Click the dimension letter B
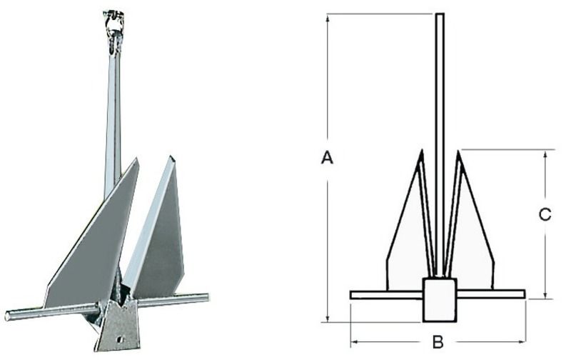pos(438,343)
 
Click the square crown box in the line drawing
pos(439,299)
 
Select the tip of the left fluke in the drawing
pos(422,151)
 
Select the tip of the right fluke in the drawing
pos(458,151)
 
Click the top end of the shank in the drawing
pos(440,15)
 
